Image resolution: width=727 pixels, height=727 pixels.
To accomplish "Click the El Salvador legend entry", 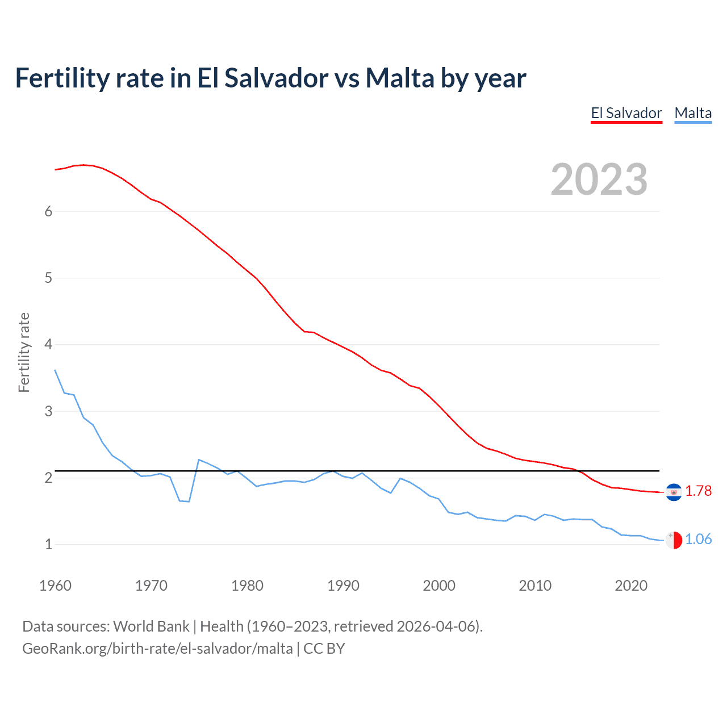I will [x=626, y=113].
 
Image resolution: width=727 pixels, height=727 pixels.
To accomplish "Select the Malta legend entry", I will [x=693, y=113].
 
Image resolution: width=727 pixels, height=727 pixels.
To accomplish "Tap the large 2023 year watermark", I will [x=599, y=179].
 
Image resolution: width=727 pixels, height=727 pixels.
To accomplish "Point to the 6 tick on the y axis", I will [x=48, y=211].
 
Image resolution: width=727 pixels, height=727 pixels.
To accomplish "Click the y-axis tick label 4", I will [x=48, y=344].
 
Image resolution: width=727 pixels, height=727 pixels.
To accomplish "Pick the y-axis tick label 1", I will [x=48, y=544].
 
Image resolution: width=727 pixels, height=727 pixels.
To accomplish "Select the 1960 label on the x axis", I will [x=55, y=586].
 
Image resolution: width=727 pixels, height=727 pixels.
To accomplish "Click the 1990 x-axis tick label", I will [x=343, y=586].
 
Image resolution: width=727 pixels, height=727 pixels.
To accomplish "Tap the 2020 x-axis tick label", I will [x=631, y=586].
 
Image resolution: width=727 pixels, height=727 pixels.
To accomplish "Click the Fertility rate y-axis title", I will [x=24, y=352].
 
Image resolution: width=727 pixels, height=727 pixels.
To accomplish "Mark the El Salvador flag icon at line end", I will [x=674, y=492].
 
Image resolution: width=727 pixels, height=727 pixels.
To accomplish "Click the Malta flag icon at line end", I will [x=674, y=540].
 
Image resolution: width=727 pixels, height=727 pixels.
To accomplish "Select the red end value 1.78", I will [x=698, y=491].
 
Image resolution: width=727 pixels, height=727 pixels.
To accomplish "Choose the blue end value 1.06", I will [x=698, y=539].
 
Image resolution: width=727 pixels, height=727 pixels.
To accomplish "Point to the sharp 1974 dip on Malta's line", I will [x=189, y=502].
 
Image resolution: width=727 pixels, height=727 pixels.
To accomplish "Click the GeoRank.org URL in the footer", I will [x=157, y=648].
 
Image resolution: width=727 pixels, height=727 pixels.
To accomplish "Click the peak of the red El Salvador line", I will [x=83, y=165].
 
